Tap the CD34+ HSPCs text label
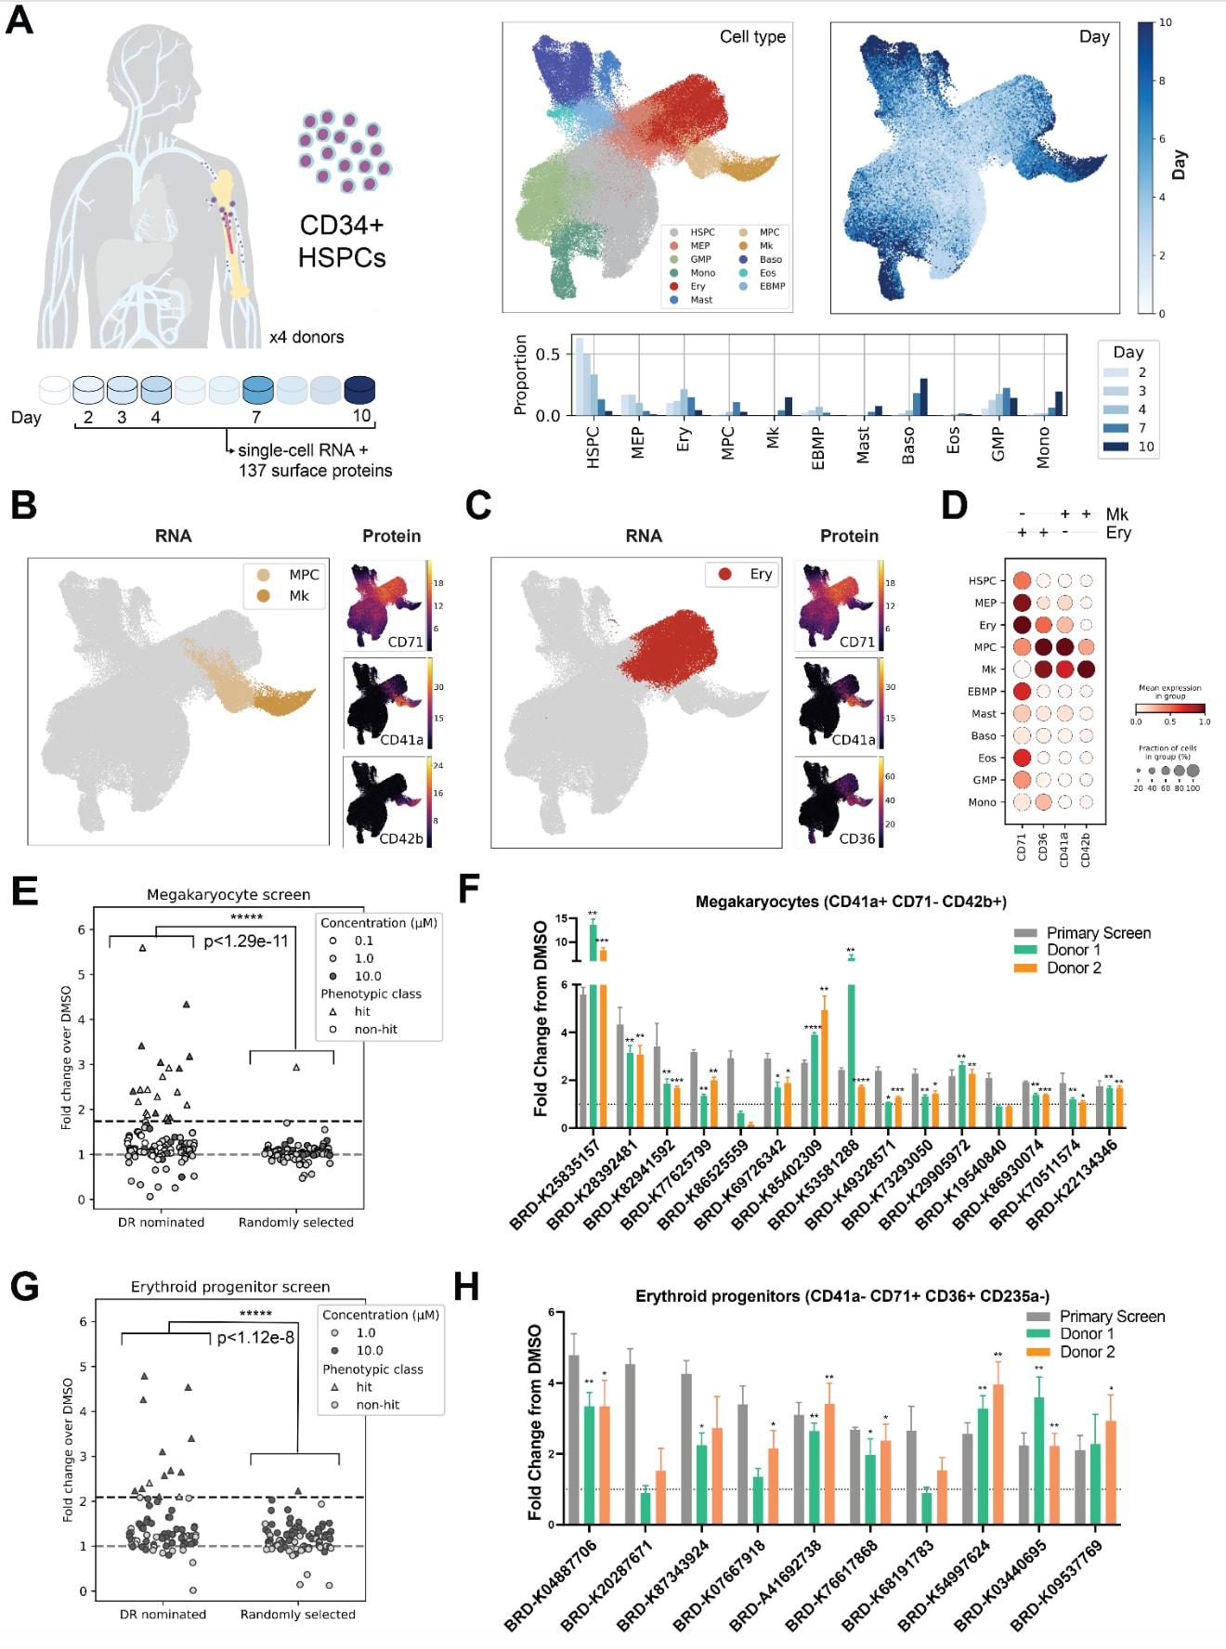341,241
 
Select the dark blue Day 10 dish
359,389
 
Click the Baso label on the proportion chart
908,446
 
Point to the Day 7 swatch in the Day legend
1115,428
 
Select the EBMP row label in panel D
982,692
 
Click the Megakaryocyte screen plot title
228,894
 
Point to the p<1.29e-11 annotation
246,941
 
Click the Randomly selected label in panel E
295,1222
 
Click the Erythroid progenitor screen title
230,1287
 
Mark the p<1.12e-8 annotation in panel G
255,1338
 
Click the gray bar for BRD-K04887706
573,1440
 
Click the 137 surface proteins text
315,471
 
